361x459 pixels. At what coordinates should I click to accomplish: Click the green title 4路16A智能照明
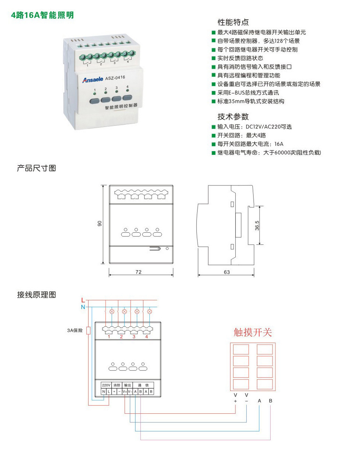point(42,15)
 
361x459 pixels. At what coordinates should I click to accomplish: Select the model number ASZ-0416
point(115,77)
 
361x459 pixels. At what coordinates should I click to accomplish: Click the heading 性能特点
point(233,22)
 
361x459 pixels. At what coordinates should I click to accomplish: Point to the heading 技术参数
point(233,116)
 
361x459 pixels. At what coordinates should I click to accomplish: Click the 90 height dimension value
point(100,224)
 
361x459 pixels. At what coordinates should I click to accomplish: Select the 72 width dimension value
point(138,272)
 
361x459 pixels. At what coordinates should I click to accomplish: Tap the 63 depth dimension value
point(226,272)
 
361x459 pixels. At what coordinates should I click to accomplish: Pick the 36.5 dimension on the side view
point(257,226)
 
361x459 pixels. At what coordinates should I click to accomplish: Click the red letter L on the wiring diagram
point(83,300)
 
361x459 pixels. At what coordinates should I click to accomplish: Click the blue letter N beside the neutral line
point(83,307)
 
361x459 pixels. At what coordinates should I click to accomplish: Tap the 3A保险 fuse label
point(75,331)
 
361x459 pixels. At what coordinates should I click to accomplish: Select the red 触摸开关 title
point(253,332)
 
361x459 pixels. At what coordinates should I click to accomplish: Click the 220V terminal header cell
point(106,385)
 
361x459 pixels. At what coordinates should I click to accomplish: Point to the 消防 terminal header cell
point(117,385)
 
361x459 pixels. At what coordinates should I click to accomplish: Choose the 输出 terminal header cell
point(127,385)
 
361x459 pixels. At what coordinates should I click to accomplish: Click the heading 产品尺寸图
point(36,168)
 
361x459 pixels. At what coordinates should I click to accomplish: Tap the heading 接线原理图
point(36,295)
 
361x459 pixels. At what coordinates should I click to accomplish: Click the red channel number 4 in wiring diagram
point(146,336)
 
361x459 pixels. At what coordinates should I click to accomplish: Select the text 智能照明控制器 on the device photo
point(121,107)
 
